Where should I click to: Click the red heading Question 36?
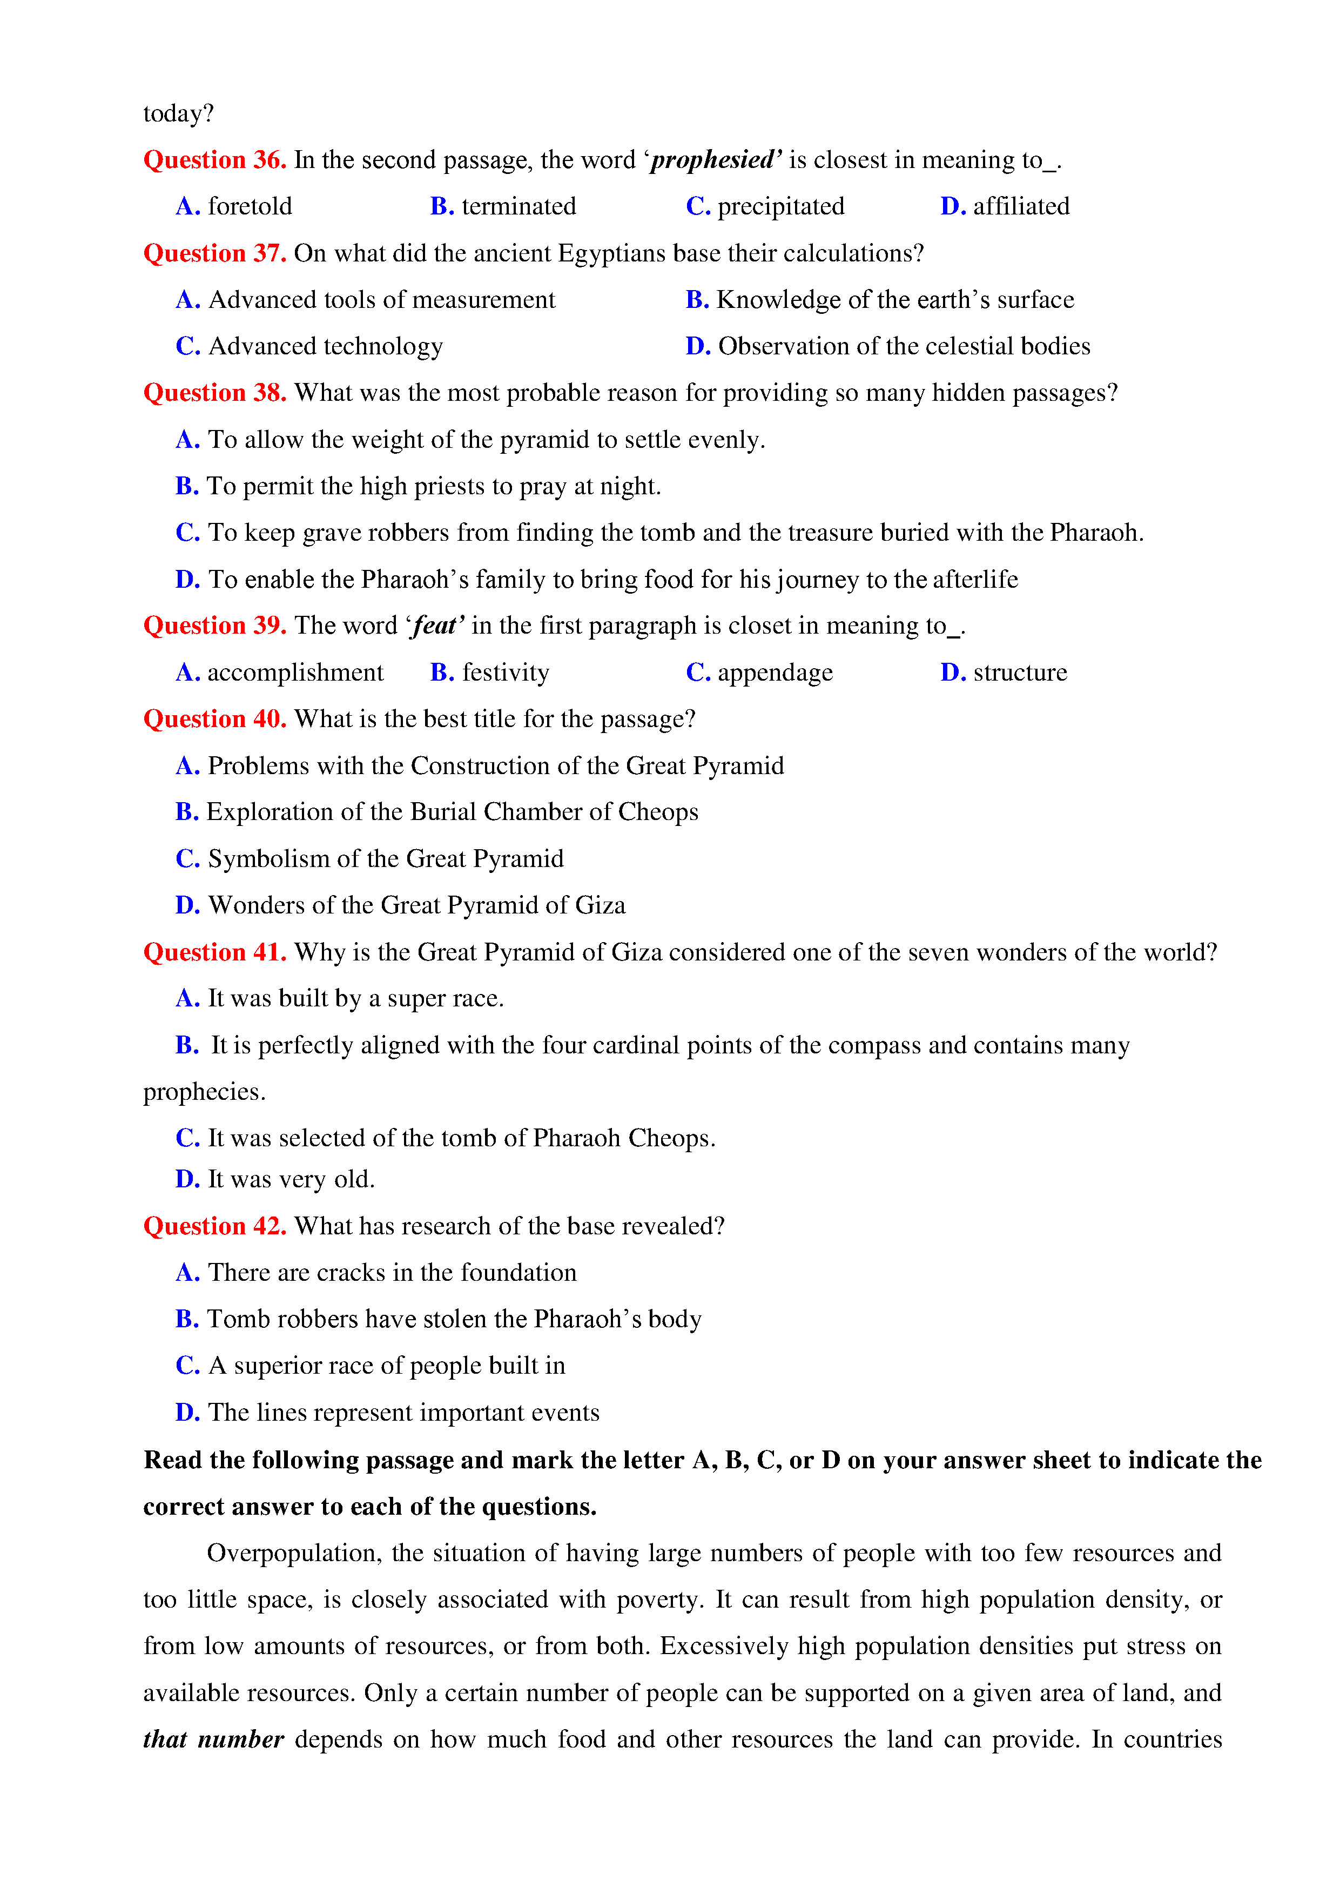point(214,160)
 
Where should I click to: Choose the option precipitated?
point(780,206)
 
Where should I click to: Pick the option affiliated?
point(1021,206)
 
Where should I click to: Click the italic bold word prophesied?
point(715,160)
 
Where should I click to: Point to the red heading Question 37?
point(214,253)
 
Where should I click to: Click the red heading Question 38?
point(214,393)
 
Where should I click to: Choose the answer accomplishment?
point(295,673)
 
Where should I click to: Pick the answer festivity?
point(505,673)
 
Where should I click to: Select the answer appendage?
point(775,673)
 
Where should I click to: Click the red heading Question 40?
point(214,719)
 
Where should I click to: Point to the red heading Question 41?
point(214,952)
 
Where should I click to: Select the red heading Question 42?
point(214,1226)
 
